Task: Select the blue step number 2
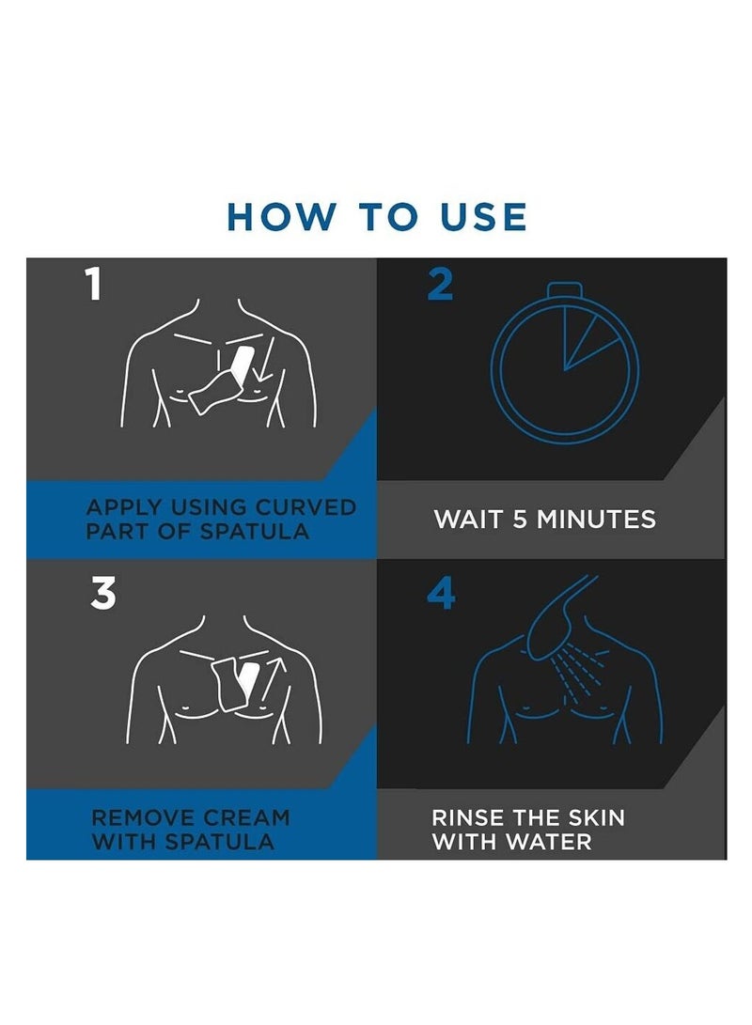tap(440, 285)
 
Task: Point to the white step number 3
tap(102, 594)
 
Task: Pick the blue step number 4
tap(442, 594)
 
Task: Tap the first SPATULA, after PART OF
tap(254, 531)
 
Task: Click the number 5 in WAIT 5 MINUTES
tap(520, 520)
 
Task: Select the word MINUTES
tap(596, 520)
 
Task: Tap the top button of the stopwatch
tap(564, 289)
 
